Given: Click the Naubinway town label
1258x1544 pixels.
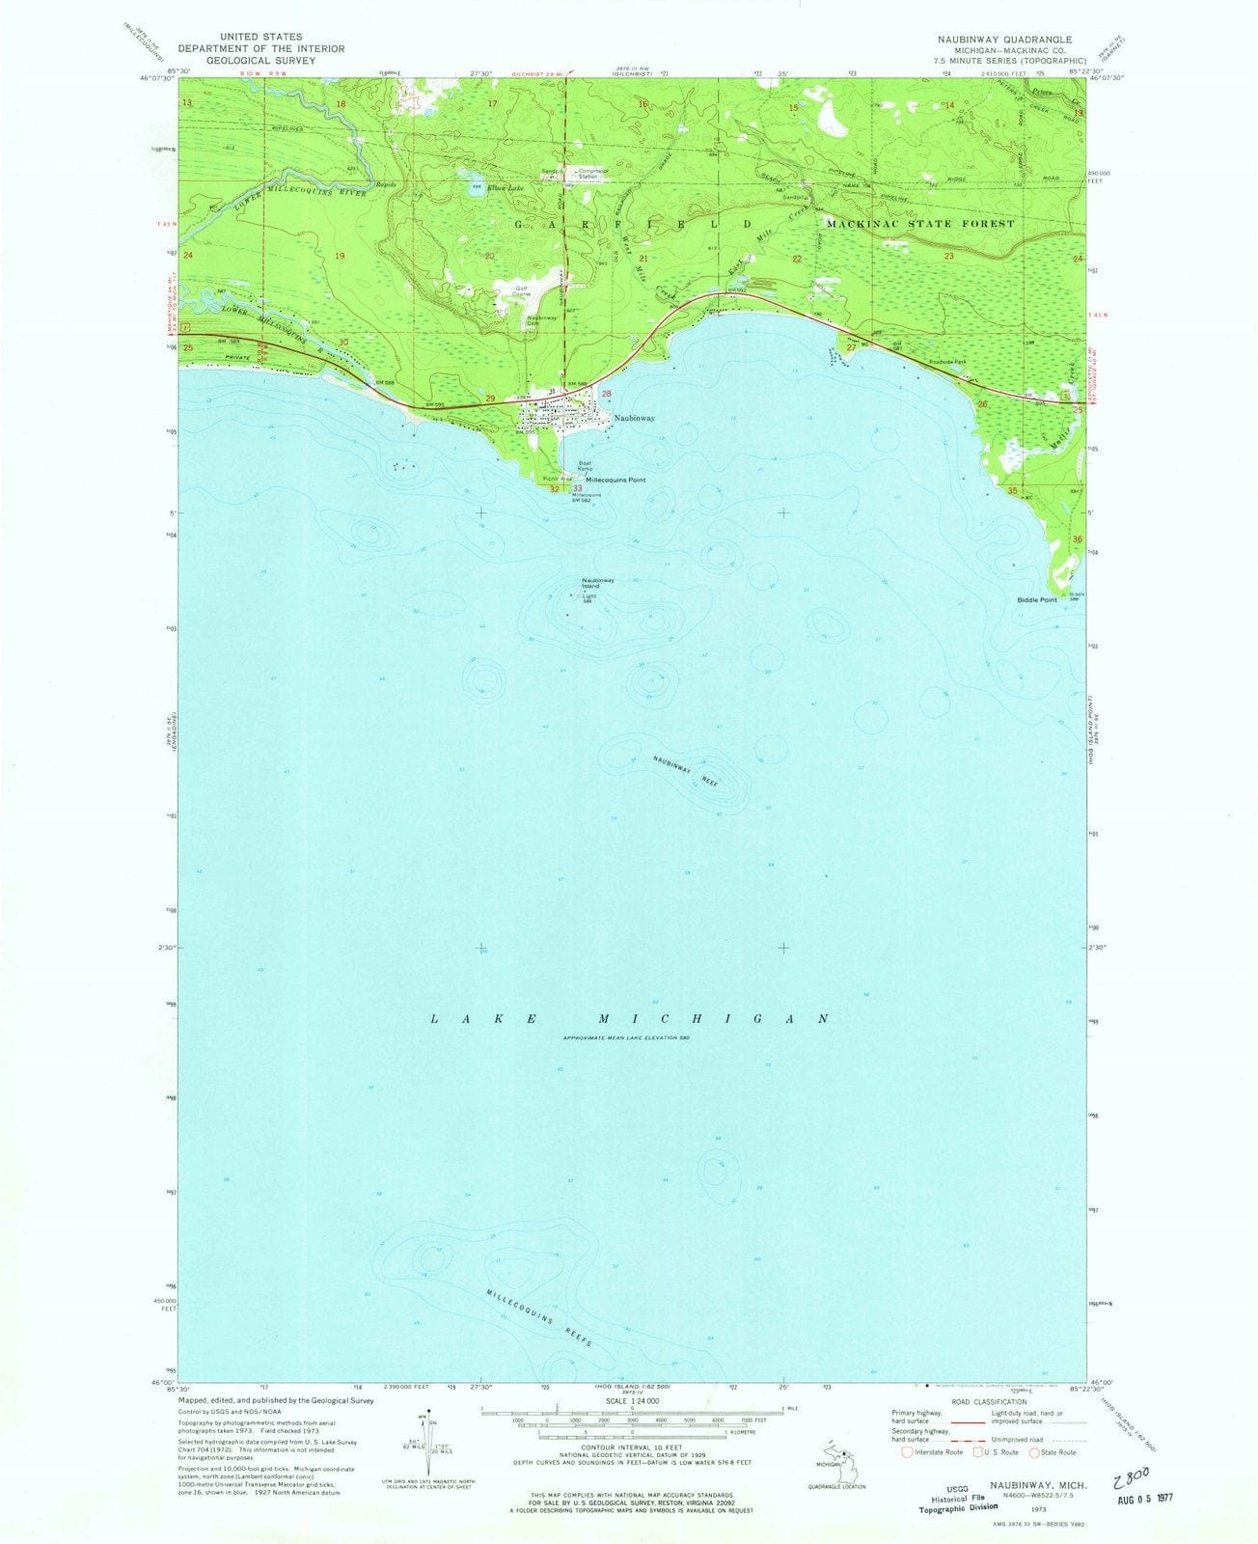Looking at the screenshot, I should [635, 419].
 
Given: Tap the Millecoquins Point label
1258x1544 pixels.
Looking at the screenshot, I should [610, 480].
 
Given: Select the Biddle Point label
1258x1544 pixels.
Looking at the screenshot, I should [1036, 600].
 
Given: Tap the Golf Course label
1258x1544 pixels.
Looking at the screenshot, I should [511, 293].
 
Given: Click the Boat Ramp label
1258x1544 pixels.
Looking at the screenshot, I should [586, 465].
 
